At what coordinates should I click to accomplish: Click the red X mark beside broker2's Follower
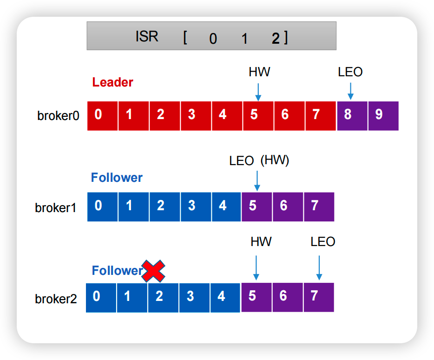point(153,271)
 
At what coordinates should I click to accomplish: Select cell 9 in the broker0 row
point(383,114)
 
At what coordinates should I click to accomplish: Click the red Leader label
point(112,82)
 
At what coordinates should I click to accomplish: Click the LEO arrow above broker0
point(350,91)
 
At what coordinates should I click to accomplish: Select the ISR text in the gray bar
point(147,37)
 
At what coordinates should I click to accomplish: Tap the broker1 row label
point(55,207)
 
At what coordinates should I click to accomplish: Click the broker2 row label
point(56,299)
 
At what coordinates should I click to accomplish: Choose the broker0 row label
point(58,115)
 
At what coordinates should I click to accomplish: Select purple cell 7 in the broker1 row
point(319,206)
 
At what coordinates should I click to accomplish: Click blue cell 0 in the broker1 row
point(102,206)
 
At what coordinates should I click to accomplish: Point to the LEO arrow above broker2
point(319,267)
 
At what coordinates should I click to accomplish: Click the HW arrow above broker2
point(256,267)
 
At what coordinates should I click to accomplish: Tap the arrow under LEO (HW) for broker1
point(256,180)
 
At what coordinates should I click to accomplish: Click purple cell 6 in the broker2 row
point(287,297)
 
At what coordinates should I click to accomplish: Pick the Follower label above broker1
point(117,178)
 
